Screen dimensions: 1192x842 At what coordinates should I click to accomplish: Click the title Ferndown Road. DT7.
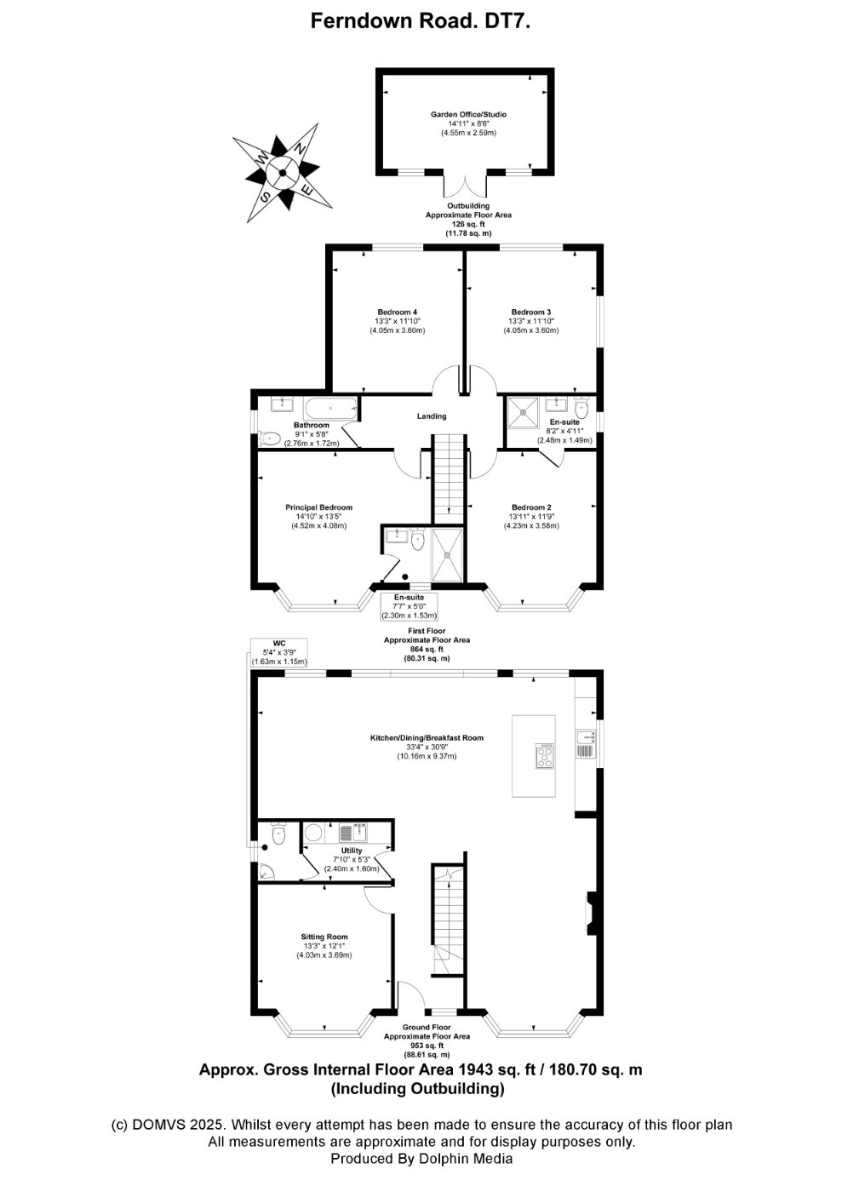421,23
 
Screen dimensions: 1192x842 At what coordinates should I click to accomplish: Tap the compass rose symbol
281,172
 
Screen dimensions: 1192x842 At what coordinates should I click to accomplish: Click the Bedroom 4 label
397,312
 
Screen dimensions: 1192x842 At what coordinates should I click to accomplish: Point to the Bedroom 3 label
530,312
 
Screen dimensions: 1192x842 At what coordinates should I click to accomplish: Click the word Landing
432,416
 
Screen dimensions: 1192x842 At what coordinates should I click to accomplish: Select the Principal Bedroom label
318,507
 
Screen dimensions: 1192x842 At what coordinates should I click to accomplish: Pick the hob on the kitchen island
544,756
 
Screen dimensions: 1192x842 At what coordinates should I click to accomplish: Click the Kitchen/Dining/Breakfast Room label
427,737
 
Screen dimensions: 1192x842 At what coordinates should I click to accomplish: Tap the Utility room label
351,851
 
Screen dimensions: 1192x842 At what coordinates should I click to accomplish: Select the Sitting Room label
324,937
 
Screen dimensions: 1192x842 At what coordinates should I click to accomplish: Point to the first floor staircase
449,477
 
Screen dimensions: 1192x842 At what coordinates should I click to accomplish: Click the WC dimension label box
279,652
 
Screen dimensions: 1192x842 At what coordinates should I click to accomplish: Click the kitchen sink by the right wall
585,743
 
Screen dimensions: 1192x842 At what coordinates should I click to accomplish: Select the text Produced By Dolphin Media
421,1159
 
